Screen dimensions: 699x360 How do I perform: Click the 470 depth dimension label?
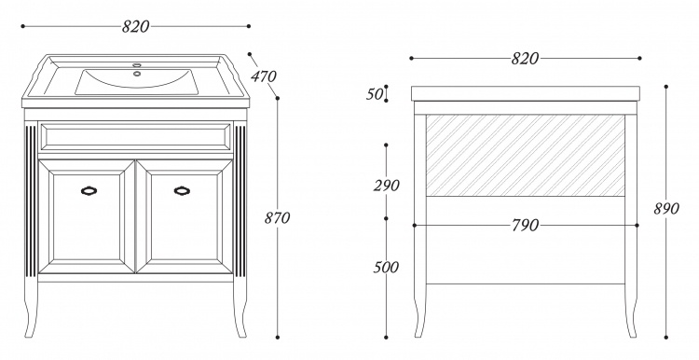[263, 76]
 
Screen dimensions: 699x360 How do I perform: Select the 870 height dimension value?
[278, 217]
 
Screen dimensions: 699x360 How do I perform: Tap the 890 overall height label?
[666, 208]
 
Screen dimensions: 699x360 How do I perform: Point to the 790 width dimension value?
[525, 226]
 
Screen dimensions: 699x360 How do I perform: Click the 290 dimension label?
[386, 186]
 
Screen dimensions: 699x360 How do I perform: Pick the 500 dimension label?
[386, 268]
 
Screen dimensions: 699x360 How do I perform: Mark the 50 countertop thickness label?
[375, 94]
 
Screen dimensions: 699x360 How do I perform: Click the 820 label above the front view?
[135, 27]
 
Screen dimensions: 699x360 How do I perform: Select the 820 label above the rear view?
[525, 59]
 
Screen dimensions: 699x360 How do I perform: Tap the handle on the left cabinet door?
[89, 191]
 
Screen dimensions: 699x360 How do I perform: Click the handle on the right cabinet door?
[182, 191]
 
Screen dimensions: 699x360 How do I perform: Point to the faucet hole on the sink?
[136, 74]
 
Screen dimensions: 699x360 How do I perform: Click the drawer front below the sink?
[135, 137]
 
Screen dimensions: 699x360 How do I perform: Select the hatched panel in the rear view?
[525, 155]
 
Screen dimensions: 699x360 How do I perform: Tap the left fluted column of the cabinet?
[31, 201]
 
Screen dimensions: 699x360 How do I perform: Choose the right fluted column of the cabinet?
[240, 201]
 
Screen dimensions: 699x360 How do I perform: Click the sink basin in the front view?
[136, 82]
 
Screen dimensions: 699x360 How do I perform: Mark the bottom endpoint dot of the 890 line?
[666, 338]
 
